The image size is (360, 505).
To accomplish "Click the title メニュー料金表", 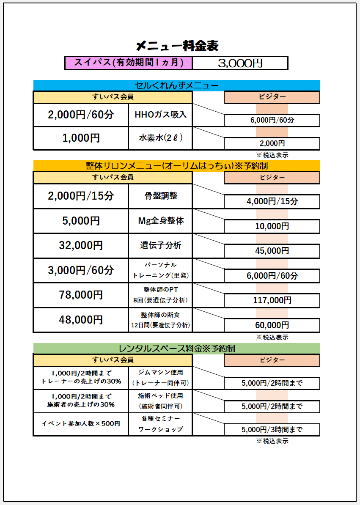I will coord(177,46).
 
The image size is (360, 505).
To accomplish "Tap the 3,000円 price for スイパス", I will coord(240,63).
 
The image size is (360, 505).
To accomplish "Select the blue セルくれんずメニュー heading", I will coord(176,85).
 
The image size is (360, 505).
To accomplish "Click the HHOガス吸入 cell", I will coord(160,115).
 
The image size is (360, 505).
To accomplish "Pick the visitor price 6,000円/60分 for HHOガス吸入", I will coord(272,120).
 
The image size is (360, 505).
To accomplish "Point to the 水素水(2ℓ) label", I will coord(160,138).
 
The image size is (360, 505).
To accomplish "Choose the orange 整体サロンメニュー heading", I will coord(176,165).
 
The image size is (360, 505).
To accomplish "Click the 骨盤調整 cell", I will coord(160,196).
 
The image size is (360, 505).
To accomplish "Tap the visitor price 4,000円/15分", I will coord(272,201).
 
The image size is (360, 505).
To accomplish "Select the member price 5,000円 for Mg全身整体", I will coord(81,221).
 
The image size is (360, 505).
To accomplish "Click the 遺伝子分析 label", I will coord(160,245).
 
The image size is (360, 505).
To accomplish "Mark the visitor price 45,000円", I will coord(272,251).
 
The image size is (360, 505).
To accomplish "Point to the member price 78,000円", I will coord(81,295).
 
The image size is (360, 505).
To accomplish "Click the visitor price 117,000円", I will coord(272,300).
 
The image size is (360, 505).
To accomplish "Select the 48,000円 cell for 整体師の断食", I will coord(81,320).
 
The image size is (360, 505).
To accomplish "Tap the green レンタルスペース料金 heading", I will coord(176,349).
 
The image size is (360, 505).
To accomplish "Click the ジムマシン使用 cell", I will coord(160,378).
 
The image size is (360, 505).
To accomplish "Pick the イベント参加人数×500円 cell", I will coord(81,424).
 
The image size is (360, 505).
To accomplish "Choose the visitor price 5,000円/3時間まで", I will coord(272,430).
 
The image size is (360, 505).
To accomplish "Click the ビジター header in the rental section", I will coord(272,360).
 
